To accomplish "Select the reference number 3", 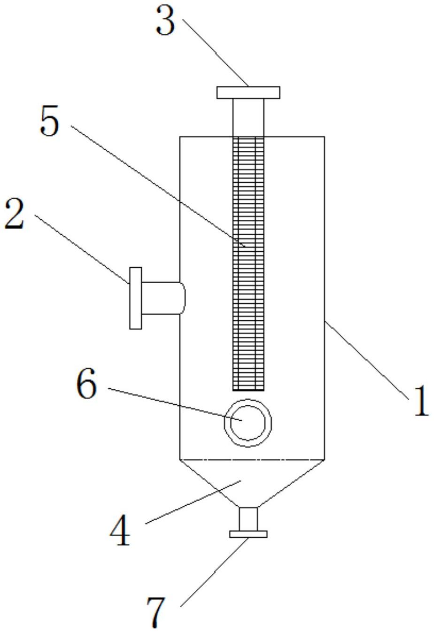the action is [166, 20].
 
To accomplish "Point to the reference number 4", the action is [120, 530].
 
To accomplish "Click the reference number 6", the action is [86, 383].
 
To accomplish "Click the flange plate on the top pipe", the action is [248, 93].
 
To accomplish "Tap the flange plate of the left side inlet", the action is [136, 298].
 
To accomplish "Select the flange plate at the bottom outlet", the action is [248, 534].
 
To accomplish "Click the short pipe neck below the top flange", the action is [248, 117].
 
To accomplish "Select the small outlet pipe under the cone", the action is [248, 519].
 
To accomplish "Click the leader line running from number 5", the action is [158, 186].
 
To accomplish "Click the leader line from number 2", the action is [82, 249].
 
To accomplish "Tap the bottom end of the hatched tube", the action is [248, 390].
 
